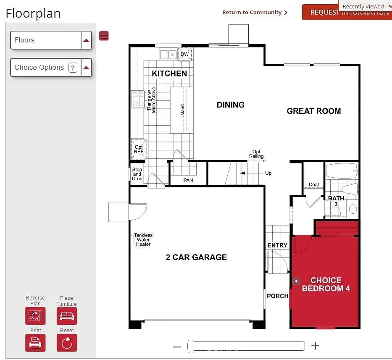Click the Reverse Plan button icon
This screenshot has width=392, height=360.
pos(35,316)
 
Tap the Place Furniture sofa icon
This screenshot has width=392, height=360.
pos(66,316)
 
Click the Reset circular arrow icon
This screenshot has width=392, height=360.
pos(67,343)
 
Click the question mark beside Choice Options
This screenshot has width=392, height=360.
pos(73,68)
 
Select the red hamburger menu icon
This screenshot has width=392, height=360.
pos(104,36)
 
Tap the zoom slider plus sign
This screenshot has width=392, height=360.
pos(315,346)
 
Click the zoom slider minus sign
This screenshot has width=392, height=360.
pos(177,347)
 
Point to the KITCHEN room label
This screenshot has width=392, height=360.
pos(169,74)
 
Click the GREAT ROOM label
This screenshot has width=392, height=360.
pos(313,111)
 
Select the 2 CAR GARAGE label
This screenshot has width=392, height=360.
pos(196,258)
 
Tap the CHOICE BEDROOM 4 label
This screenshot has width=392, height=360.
pos(326,284)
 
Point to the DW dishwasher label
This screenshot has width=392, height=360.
pos(185,54)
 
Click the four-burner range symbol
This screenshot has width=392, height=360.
pos(138,100)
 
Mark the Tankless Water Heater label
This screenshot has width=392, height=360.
pos(143,240)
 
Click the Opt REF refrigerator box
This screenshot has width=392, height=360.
pos(138,150)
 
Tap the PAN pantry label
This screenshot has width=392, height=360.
pos(188,180)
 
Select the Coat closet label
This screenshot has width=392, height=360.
pos(314,184)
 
